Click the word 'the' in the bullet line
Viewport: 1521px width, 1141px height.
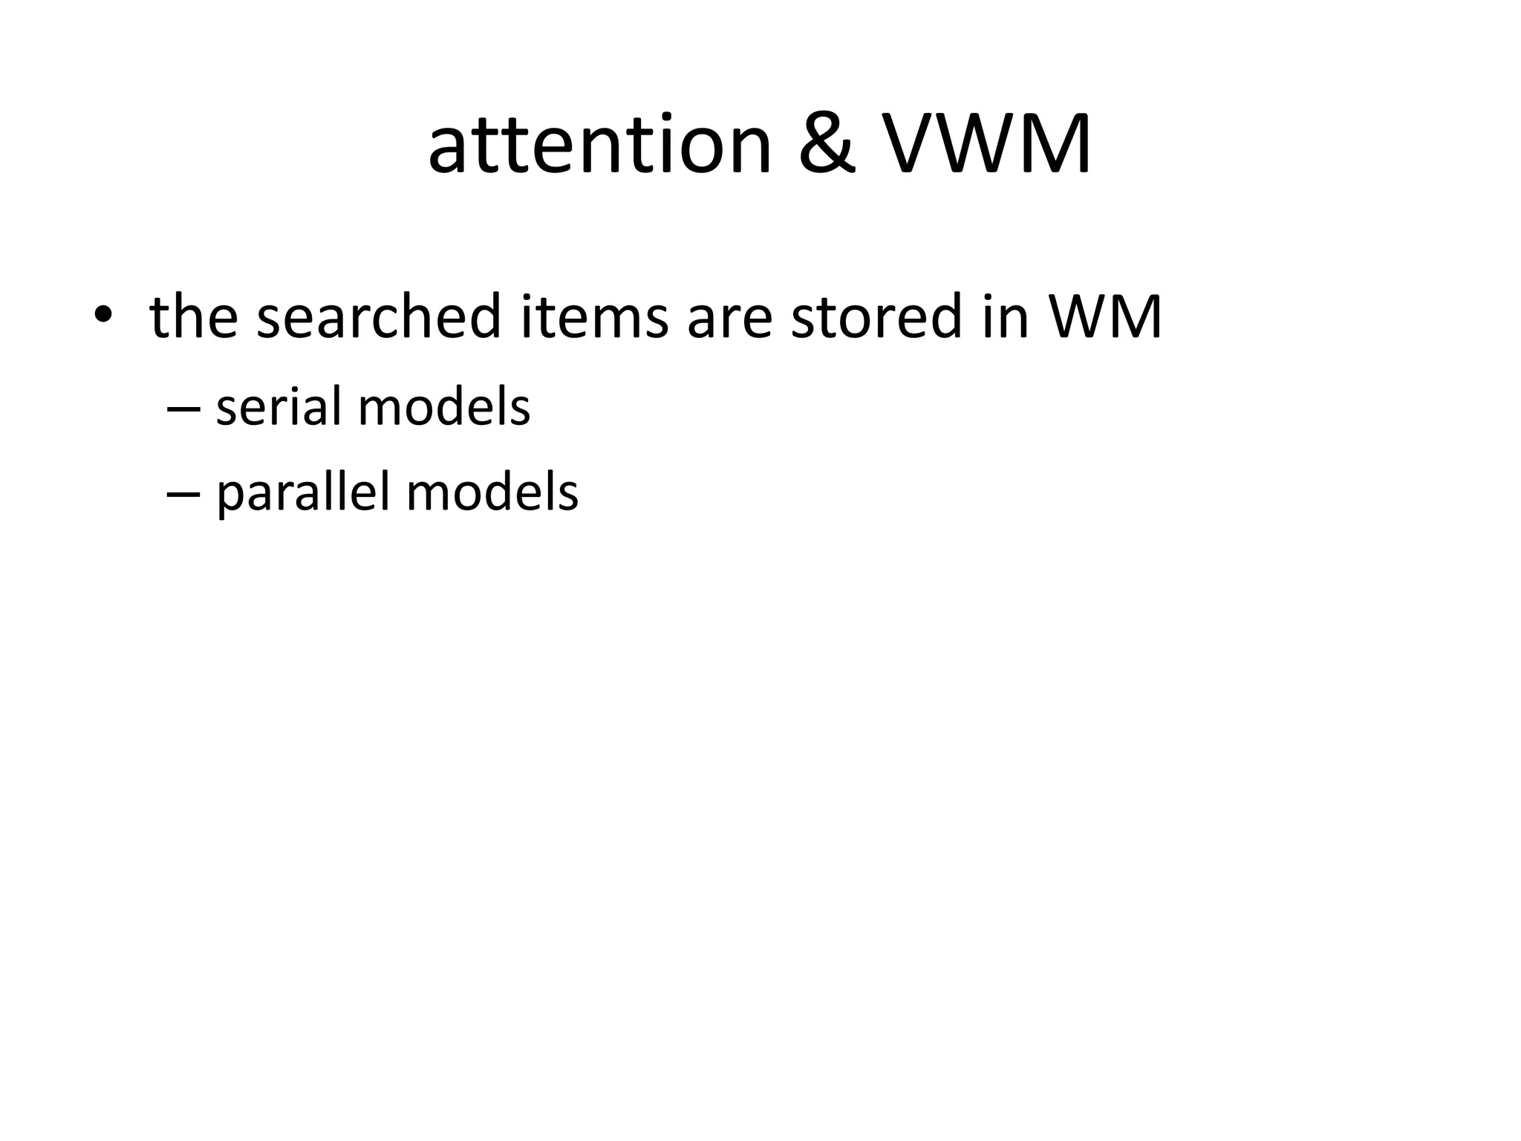click(194, 315)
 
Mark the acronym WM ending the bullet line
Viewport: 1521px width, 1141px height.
click(1104, 315)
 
